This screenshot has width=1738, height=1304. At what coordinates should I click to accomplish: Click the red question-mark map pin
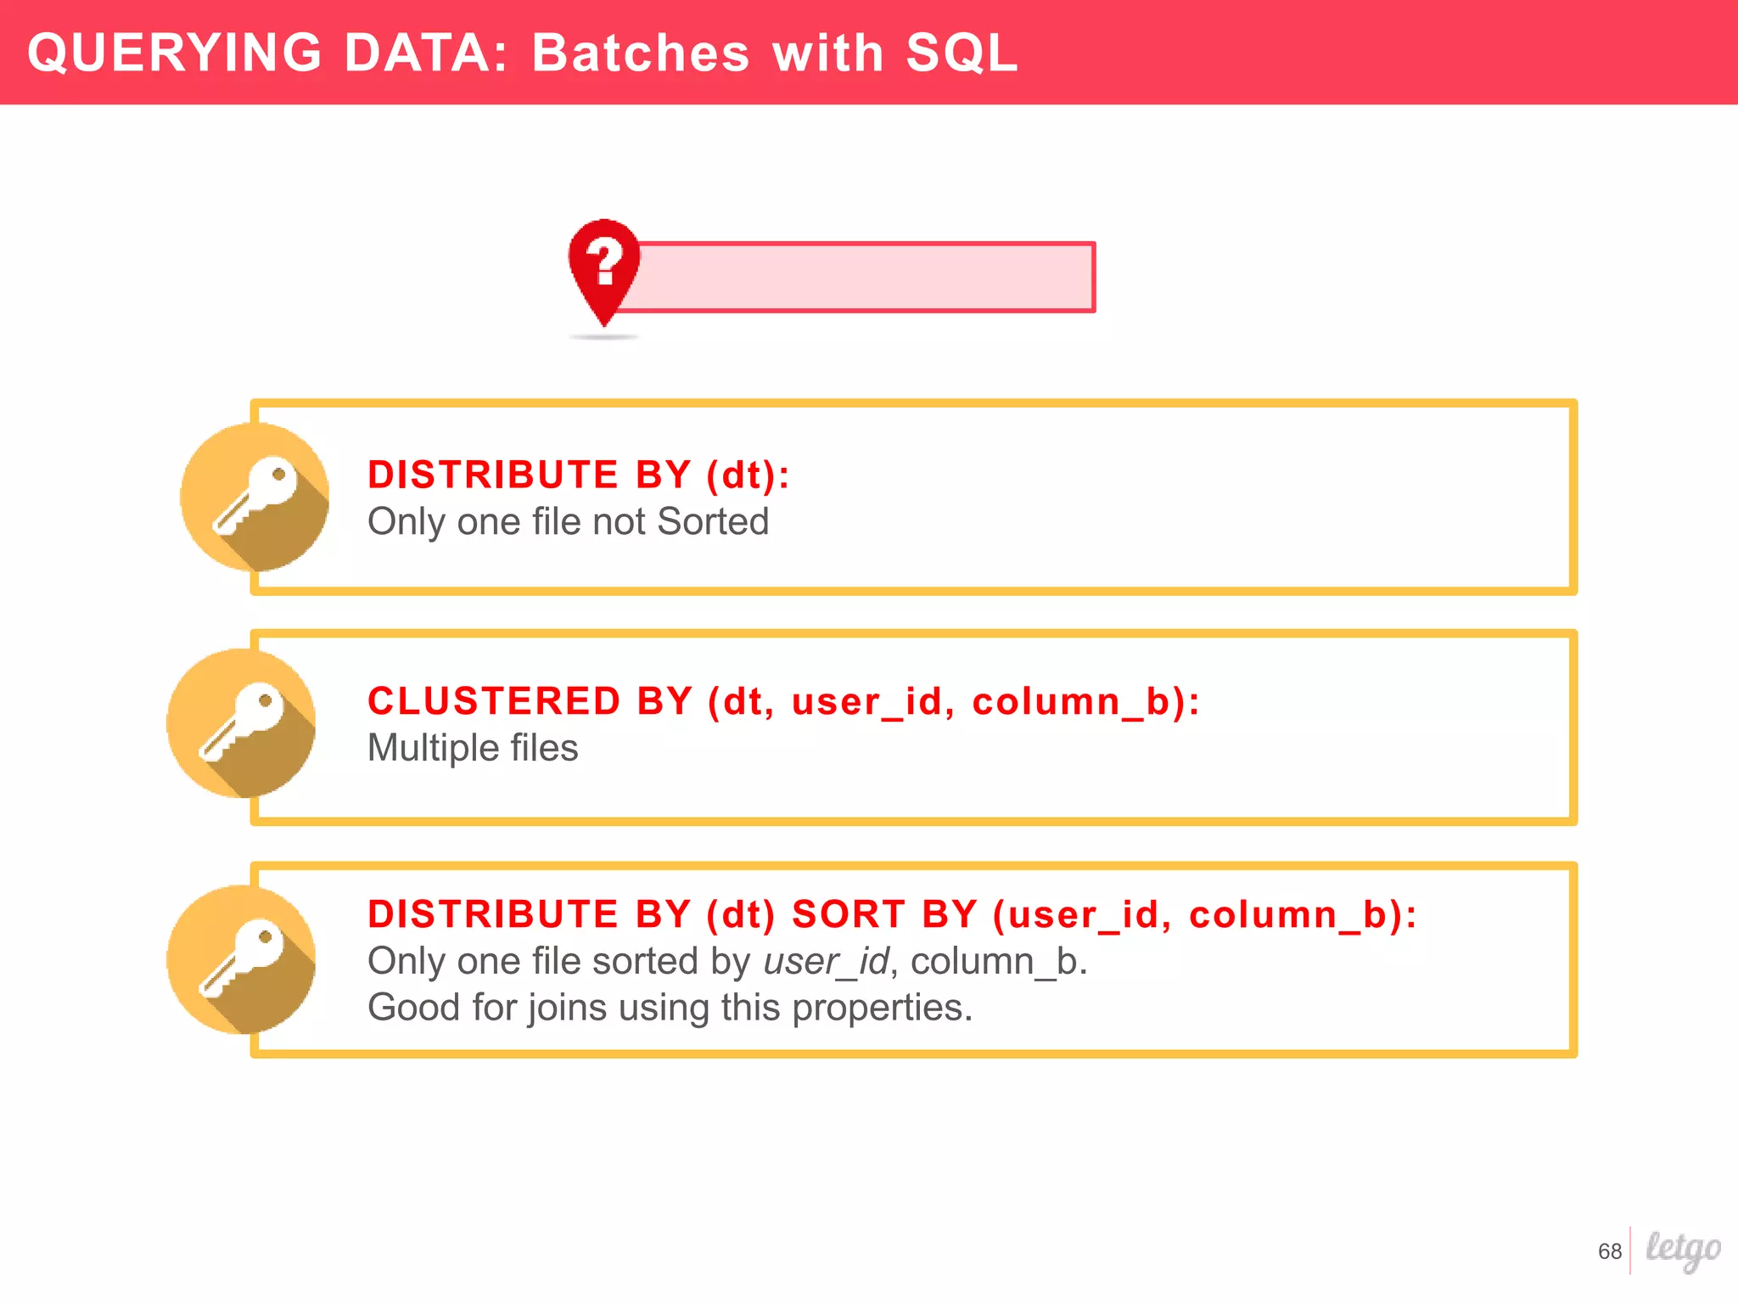[x=604, y=267]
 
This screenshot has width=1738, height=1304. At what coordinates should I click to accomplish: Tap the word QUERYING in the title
[x=175, y=53]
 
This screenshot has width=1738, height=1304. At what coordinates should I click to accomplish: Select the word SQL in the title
[x=962, y=53]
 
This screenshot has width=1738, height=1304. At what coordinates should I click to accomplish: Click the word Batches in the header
[x=641, y=53]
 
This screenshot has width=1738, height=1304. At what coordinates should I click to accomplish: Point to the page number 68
[x=1609, y=1251]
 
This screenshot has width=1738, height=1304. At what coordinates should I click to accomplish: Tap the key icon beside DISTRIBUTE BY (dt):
[x=255, y=497]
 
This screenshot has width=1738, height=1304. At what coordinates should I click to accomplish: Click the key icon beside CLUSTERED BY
[x=242, y=722]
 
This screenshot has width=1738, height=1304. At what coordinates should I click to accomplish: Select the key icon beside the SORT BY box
[x=242, y=959]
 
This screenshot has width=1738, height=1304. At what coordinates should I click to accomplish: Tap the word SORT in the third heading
[x=848, y=915]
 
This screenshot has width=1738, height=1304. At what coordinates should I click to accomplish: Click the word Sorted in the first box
[x=713, y=522]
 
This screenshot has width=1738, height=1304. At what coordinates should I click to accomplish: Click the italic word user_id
[x=826, y=962]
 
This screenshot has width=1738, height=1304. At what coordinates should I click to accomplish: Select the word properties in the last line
[x=882, y=1009]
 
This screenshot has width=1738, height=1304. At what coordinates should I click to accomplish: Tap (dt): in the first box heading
[x=748, y=475]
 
